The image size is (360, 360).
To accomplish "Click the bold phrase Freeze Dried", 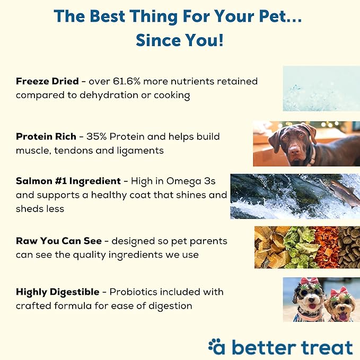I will [47, 81].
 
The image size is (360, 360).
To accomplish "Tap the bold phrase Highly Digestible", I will [57, 292].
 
